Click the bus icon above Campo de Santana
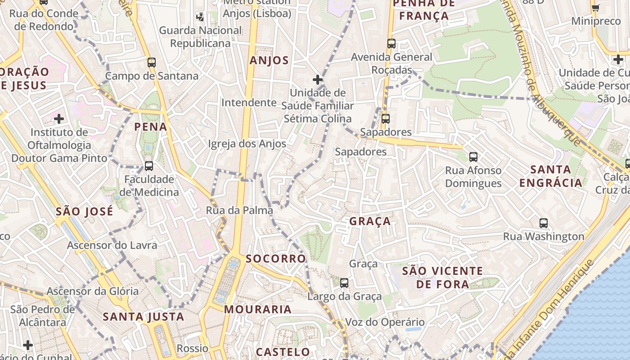tap(152, 63)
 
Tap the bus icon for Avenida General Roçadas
tap(391, 44)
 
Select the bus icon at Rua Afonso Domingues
tap(473, 157)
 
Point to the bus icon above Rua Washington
tap(544, 223)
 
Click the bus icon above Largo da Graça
tap(344, 283)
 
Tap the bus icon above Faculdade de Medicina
tap(149, 166)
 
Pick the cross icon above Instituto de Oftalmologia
tap(59, 119)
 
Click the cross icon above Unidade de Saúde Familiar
tap(318, 80)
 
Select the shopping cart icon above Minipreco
tap(596, 8)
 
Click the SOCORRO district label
tap(276, 259)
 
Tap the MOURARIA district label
tap(258, 310)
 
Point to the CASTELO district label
tap(283, 352)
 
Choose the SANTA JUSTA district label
tap(144, 317)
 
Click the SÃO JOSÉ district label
tap(85, 211)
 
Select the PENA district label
tap(151, 127)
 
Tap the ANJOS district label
tap(269, 61)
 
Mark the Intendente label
tap(249, 103)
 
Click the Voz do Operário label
tap(385, 322)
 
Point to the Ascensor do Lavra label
tap(112, 245)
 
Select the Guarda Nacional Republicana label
tap(201, 37)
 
